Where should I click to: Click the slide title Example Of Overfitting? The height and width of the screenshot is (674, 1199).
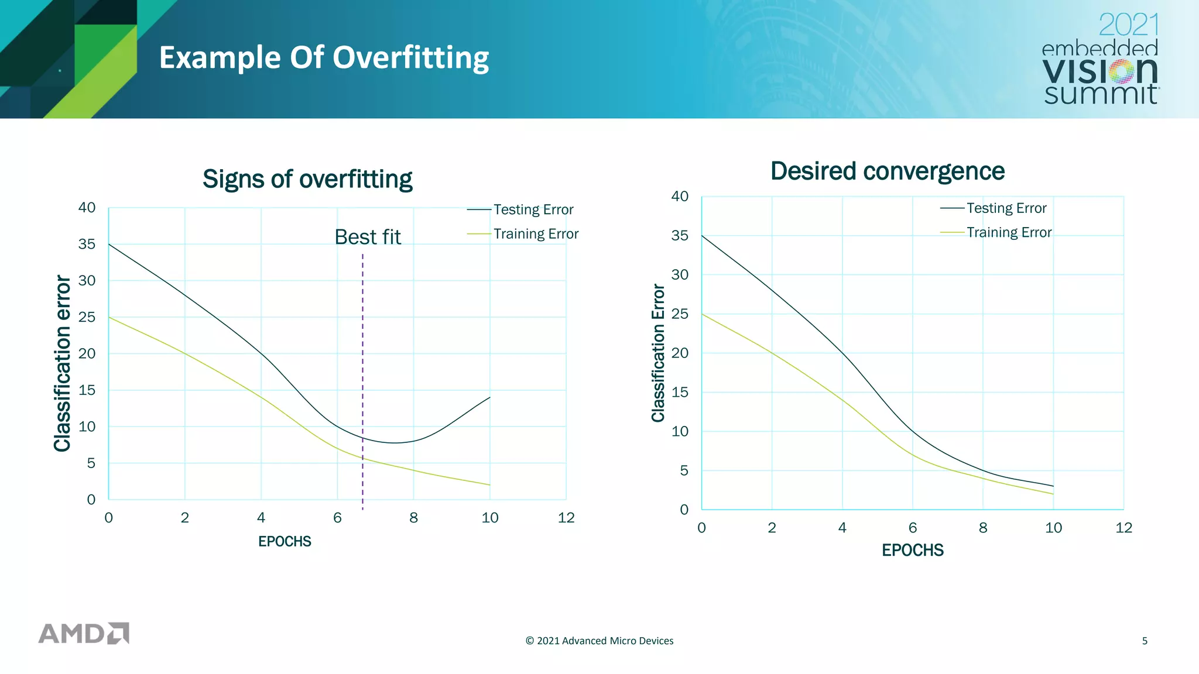[x=324, y=58]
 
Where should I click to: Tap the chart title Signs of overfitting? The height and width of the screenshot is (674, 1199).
[x=307, y=179]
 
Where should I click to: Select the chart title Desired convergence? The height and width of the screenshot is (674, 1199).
[x=887, y=171]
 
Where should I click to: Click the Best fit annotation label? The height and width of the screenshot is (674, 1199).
[x=368, y=237]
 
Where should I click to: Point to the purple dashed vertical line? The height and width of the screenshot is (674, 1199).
[x=362, y=380]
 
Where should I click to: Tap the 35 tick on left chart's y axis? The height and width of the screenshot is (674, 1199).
[x=87, y=244]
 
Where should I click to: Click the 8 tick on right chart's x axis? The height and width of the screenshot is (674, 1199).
[x=983, y=528]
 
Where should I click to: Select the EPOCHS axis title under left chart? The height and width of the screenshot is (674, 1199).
[x=285, y=542]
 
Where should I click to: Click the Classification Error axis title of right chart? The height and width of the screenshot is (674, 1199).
[x=658, y=353]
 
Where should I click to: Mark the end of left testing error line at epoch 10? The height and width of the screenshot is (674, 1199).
[x=489, y=398]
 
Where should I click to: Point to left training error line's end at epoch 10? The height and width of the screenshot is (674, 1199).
[x=489, y=484]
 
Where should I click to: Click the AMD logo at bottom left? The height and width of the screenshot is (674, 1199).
[x=84, y=633]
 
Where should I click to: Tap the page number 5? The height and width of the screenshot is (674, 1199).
[x=1145, y=641]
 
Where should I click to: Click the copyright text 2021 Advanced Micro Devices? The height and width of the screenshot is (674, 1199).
[x=599, y=641]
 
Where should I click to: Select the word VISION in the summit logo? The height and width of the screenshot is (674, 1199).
[x=1099, y=71]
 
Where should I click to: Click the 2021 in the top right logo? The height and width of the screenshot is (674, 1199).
[x=1128, y=25]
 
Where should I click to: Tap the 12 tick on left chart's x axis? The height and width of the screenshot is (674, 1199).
[x=566, y=518]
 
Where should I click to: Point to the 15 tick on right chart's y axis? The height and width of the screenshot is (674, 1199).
[x=680, y=393]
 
